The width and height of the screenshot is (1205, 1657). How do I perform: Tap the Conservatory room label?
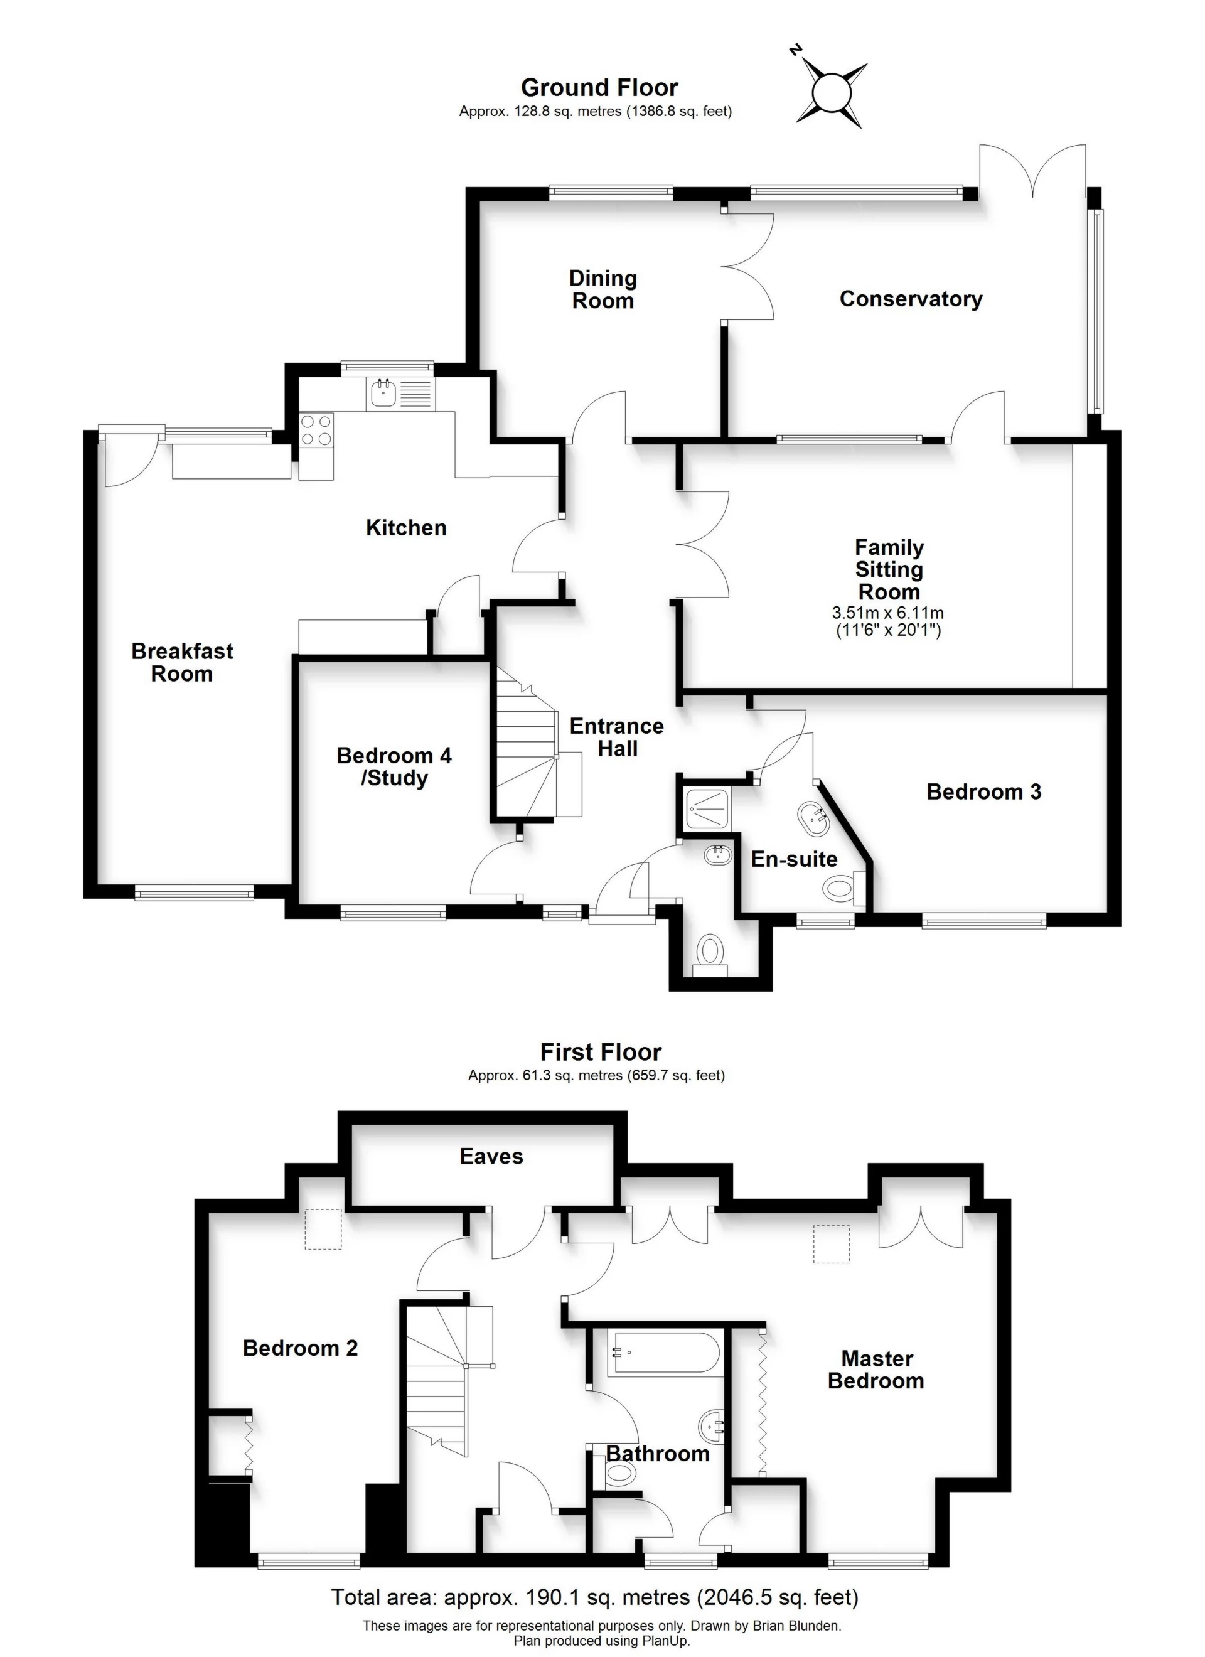click(x=911, y=299)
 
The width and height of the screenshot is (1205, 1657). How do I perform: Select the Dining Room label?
click(x=603, y=289)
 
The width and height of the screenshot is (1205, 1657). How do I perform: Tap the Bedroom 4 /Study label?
click(x=394, y=766)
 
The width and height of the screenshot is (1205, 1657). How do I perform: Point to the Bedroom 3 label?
click(x=983, y=792)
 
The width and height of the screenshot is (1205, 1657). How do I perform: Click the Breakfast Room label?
click(x=182, y=662)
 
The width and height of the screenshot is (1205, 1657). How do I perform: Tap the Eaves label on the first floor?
click(x=491, y=1157)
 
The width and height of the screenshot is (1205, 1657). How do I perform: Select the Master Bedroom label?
click(x=876, y=1370)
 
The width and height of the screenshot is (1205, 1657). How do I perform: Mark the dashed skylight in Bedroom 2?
click(x=323, y=1230)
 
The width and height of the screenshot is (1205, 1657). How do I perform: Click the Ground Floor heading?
click(x=599, y=88)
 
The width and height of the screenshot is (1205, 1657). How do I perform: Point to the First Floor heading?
click(x=601, y=1052)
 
